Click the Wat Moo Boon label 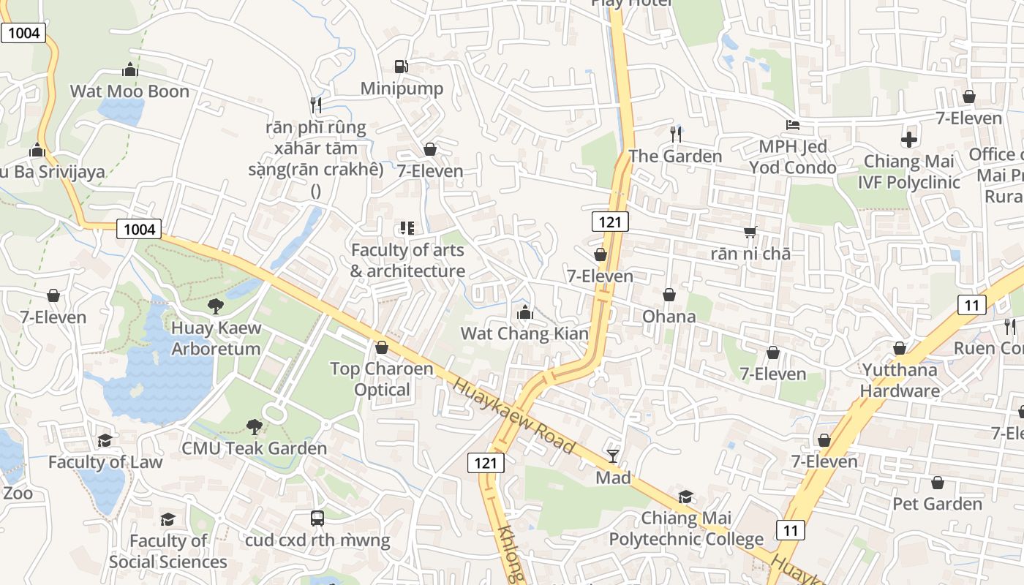(x=129, y=91)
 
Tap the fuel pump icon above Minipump (x=401, y=67)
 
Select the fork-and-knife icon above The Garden (x=676, y=134)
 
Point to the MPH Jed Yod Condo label (x=793, y=157)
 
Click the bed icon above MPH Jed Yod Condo (x=793, y=125)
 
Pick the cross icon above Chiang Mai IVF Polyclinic (x=908, y=139)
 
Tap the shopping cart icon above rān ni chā (x=750, y=233)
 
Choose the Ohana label (x=669, y=317)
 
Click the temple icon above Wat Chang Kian (x=524, y=312)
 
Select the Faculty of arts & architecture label (x=407, y=260)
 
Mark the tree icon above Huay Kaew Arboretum (x=216, y=306)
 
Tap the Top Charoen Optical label (x=382, y=379)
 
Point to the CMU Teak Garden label (x=254, y=448)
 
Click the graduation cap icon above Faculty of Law (x=105, y=440)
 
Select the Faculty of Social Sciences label (x=168, y=551)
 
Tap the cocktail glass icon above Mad (x=613, y=456)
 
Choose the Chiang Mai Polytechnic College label (x=686, y=529)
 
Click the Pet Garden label (x=937, y=504)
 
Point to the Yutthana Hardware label (x=900, y=380)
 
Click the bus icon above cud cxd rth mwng (x=317, y=518)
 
